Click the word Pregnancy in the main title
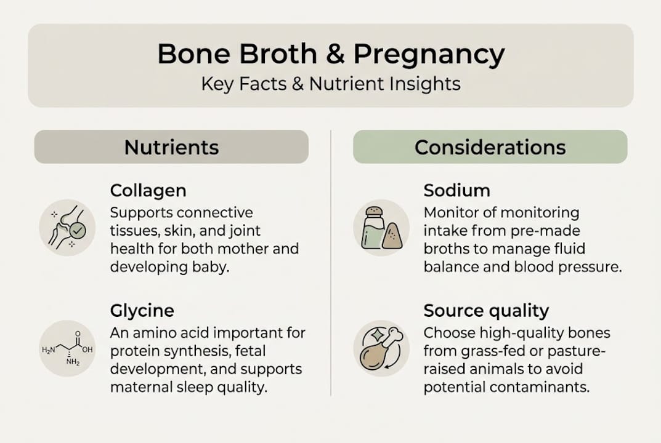[429, 55]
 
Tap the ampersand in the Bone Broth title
[335, 54]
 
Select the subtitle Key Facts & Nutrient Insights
[331, 84]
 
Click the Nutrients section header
[171, 147]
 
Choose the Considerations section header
[490, 147]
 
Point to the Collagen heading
[148, 190]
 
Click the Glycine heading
[142, 310]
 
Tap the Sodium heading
[456, 190]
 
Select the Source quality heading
[486, 310]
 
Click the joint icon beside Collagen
[67, 227]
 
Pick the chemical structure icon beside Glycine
[67, 348]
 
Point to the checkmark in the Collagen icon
[78, 231]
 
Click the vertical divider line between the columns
[331, 265]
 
